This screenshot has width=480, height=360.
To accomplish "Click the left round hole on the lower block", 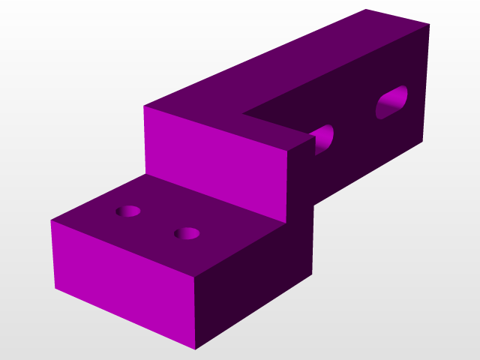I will click(x=129, y=211).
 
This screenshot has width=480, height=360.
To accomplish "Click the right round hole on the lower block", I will click(x=187, y=233).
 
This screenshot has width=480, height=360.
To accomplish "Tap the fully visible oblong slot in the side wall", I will click(x=392, y=103).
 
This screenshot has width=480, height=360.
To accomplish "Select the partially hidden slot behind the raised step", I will click(x=324, y=139).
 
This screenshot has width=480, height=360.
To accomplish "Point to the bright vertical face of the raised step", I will click(x=214, y=165).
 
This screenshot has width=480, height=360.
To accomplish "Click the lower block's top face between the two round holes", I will click(x=158, y=223).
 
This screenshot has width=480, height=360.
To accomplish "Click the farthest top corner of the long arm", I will click(x=367, y=10).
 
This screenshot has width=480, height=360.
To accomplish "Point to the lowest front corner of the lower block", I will click(x=196, y=349).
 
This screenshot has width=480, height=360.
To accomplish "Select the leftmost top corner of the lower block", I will click(x=51, y=221).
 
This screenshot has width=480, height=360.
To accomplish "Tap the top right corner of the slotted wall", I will click(x=430, y=25).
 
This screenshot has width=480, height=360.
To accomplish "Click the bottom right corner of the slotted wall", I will click(x=422, y=141).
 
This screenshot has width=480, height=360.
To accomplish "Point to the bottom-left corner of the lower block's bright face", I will click(x=55, y=288).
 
